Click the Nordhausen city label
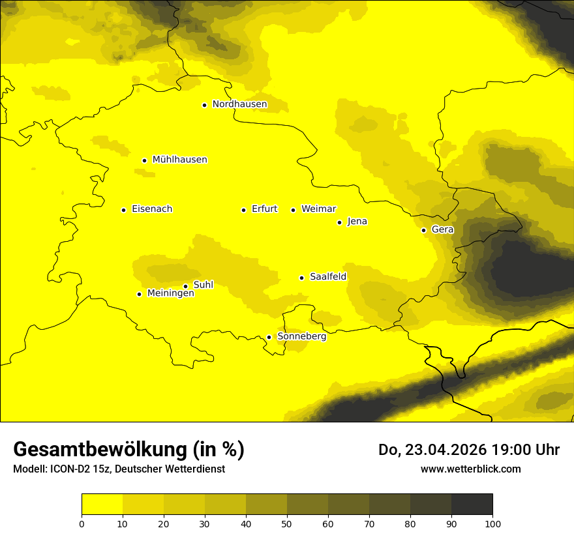pos(239,104)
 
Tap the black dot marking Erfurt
pos(243,210)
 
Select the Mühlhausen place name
pos(179,160)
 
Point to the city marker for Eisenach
pos(123,210)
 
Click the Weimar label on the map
pos(318,209)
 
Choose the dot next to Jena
pos(339,222)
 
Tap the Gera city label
pos(442,229)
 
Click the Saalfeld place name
pos(328,277)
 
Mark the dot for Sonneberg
pos(269,337)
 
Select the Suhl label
pos(204,285)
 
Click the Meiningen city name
pos(171,293)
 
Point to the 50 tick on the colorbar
pos(287,523)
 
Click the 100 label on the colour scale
pos(492,523)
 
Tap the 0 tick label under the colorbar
pos(82,523)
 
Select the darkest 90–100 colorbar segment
pos(472,504)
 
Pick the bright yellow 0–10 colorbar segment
pos(102,504)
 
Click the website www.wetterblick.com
pos(470,469)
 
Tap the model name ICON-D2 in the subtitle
pos(71,469)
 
